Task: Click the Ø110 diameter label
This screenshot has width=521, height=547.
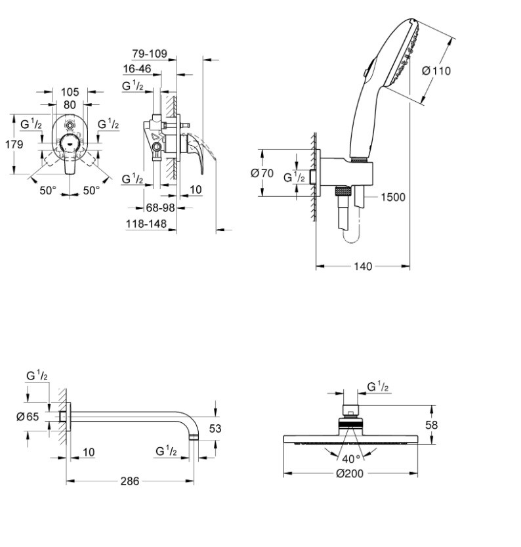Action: pyautogui.click(x=436, y=71)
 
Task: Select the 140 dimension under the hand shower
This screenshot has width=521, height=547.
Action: pyautogui.click(x=362, y=266)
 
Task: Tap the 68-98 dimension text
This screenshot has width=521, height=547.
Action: pyautogui.click(x=159, y=208)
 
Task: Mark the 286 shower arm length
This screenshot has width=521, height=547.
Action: pyautogui.click(x=130, y=481)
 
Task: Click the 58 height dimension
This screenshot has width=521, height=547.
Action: pyautogui.click(x=431, y=425)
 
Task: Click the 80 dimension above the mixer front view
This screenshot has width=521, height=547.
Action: pyautogui.click(x=70, y=104)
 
